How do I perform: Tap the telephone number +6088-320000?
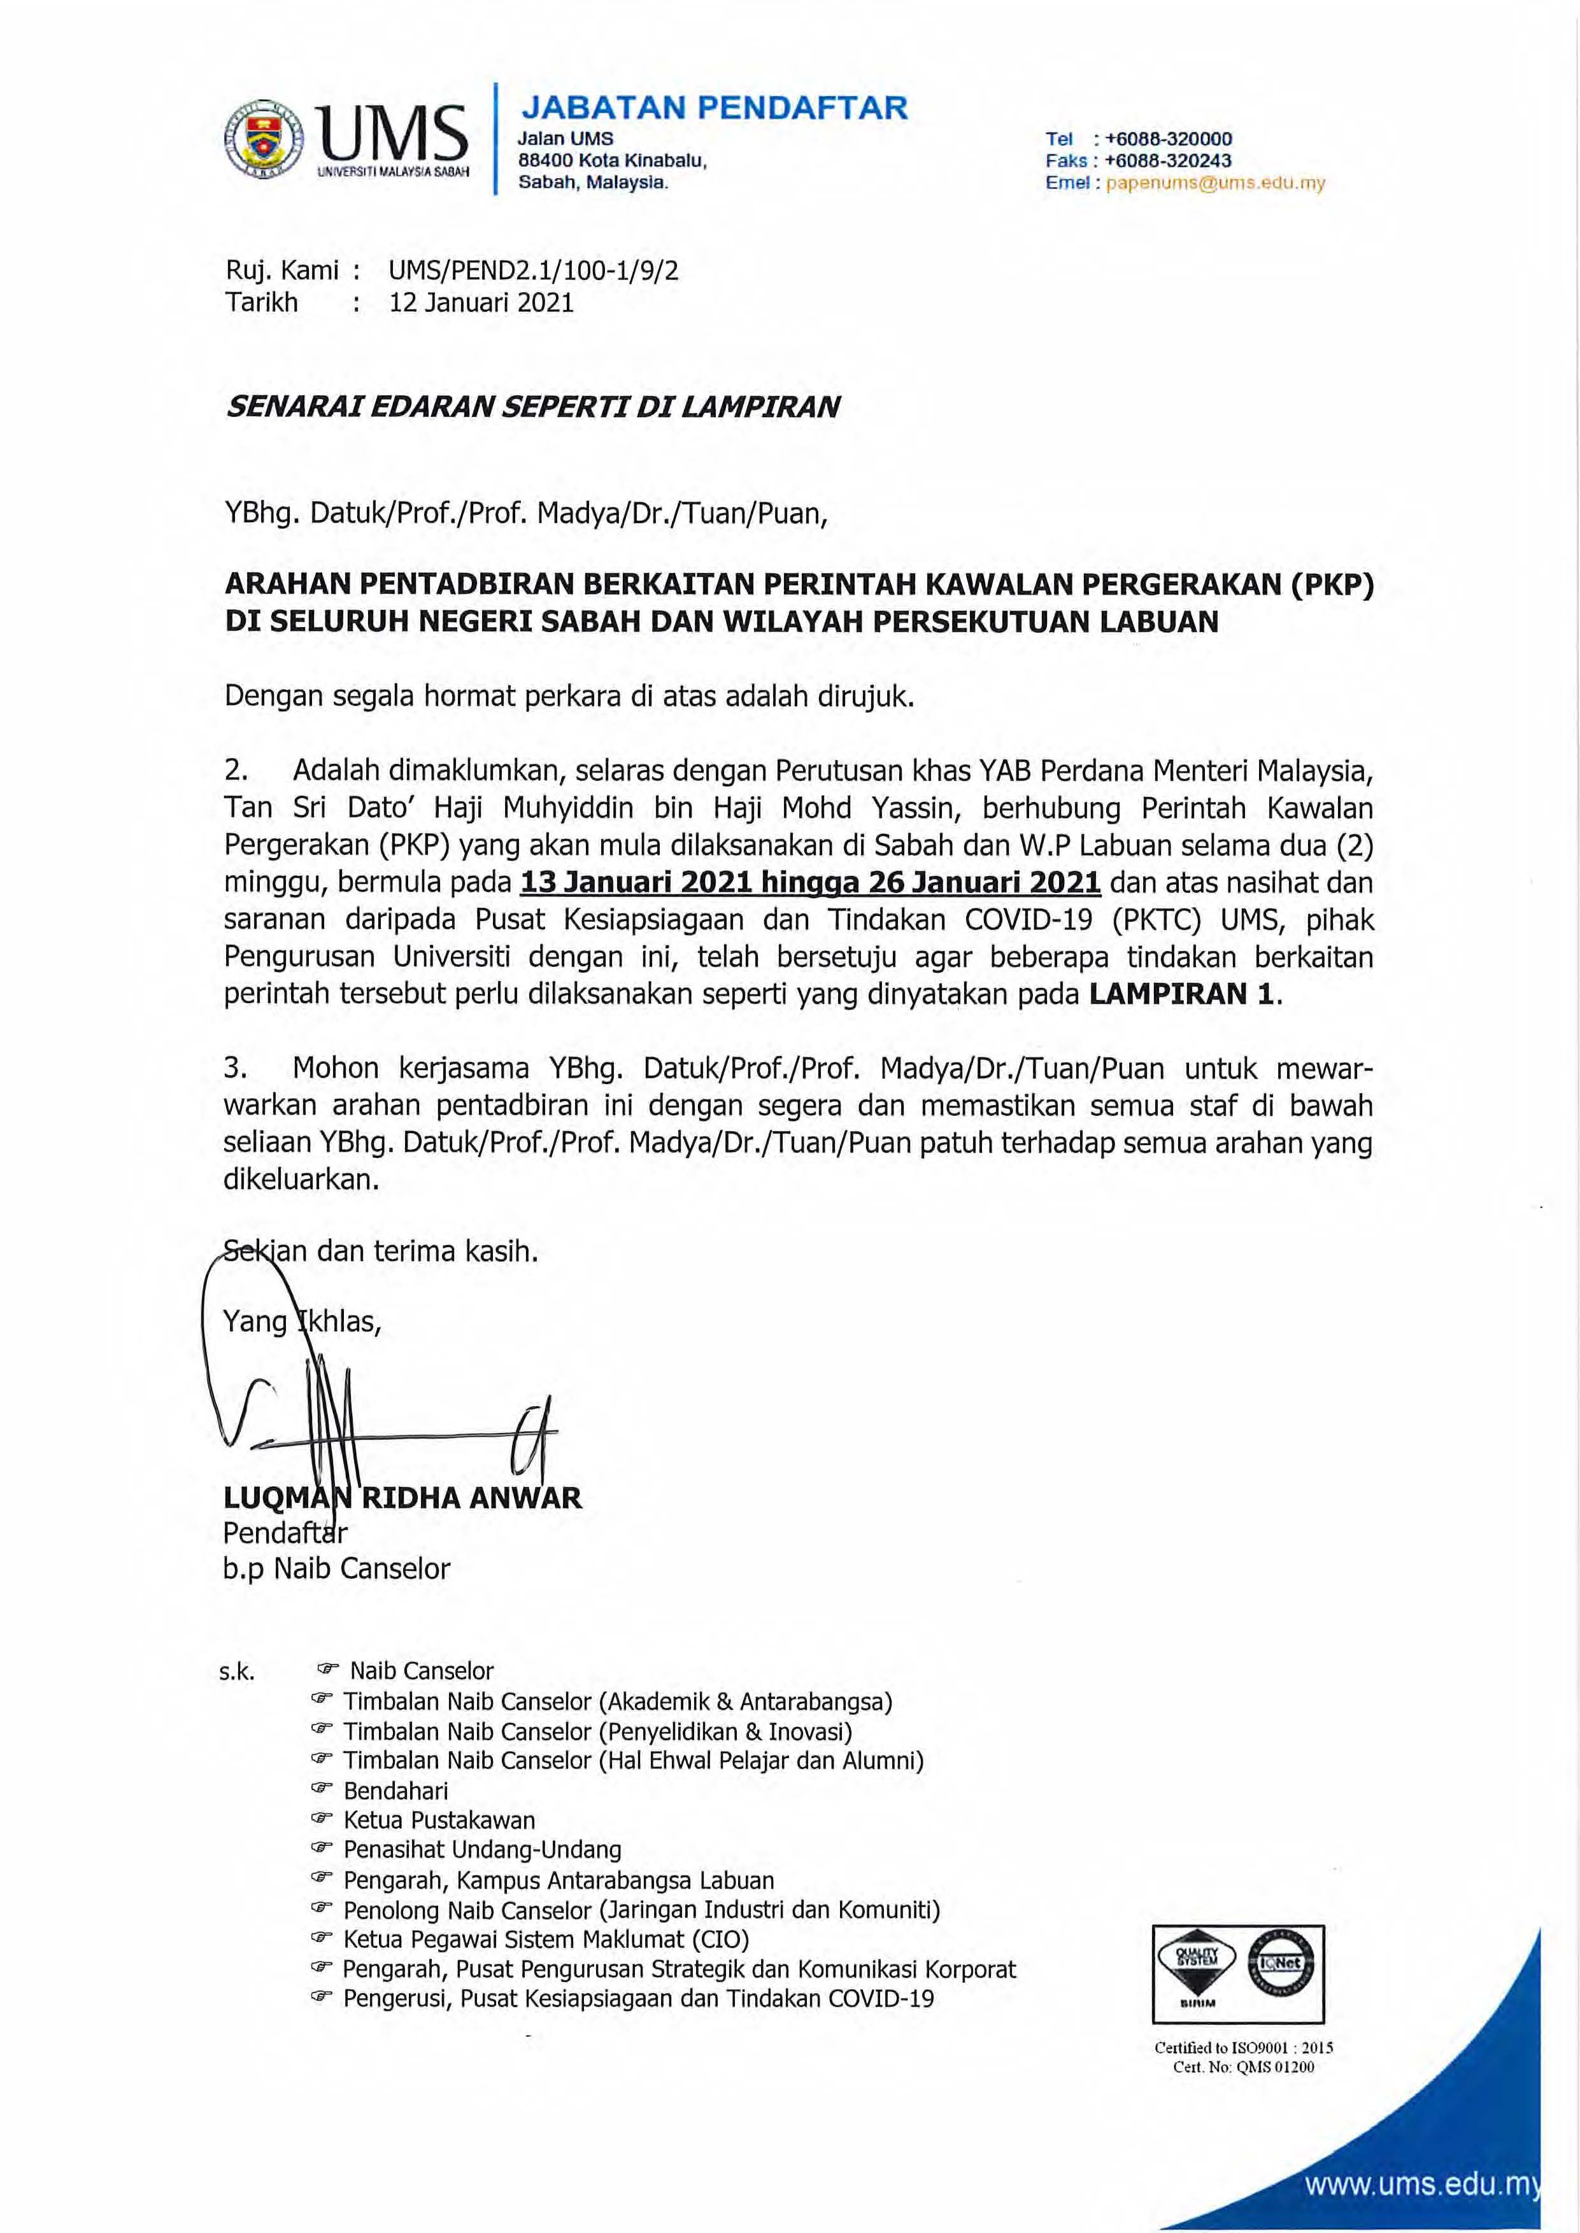coord(1169,139)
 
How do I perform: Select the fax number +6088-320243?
coord(1169,160)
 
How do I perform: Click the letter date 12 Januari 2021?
coord(481,302)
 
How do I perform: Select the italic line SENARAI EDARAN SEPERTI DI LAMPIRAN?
coord(532,407)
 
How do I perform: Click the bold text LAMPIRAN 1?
coord(1182,994)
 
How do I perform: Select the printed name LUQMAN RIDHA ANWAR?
coord(402,1498)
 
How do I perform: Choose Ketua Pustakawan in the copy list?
coord(439,1821)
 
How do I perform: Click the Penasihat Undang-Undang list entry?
coord(481,1850)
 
